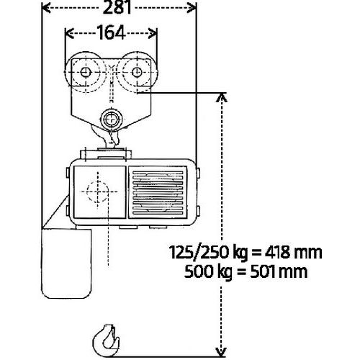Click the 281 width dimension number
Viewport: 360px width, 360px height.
pos(117,7)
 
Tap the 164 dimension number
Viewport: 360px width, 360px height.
pos(111,32)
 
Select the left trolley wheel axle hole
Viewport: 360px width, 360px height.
pos(86,72)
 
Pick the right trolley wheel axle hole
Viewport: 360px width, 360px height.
pos(137,72)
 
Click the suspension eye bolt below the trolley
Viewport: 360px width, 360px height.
pos(112,120)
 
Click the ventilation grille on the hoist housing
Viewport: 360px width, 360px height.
pos(158,192)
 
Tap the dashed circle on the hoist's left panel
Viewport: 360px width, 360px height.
pos(98,192)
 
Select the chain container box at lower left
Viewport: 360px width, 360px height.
pos(66,264)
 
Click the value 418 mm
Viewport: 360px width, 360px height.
pos(293,252)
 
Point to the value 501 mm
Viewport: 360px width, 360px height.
pos(279,272)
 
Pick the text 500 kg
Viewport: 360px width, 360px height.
pos(208,272)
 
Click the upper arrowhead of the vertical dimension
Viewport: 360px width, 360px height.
pos(222,98)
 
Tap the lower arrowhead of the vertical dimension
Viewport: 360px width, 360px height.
pos(221,352)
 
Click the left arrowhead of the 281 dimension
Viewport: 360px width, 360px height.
pos(46,8)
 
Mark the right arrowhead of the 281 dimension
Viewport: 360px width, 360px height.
pos(192,8)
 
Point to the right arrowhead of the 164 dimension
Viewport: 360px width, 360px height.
pos(153,33)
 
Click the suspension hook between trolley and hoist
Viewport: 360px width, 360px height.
pos(107,138)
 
